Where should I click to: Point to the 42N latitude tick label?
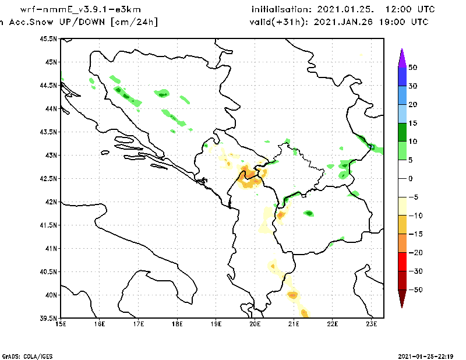[50, 202]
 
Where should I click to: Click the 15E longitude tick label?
[60, 324]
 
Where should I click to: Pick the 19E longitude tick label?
[216, 324]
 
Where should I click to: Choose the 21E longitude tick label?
[294, 324]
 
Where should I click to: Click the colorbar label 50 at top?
[412, 68]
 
